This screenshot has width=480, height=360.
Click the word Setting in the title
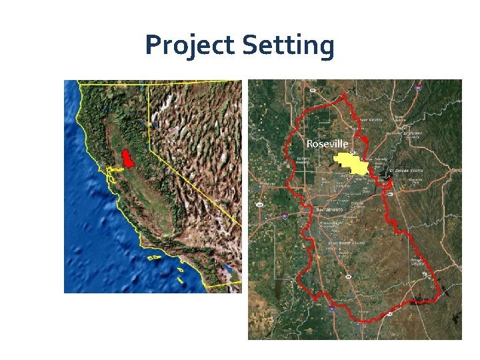coord(288,46)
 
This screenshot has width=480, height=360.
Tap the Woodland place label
coord(267,183)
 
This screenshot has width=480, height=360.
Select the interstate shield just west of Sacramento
coord(285,216)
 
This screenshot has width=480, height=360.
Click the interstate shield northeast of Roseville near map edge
coord(418,87)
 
